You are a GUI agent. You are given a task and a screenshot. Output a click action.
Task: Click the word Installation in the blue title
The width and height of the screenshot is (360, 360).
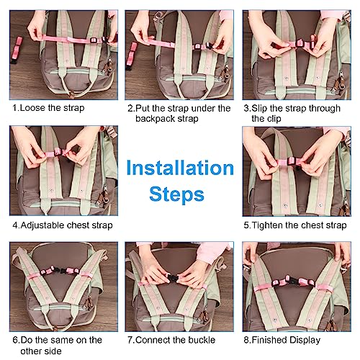(180, 168)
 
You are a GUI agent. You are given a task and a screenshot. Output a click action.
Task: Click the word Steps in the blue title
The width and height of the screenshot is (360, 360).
(176, 194)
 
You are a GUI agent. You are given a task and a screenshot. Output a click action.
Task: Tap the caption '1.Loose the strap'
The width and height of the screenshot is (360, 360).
(48, 108)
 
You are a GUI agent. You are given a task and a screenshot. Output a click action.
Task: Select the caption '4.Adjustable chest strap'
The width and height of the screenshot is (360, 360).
(63, 225)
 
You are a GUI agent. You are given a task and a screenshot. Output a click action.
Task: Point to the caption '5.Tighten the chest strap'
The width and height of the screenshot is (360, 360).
(295, 225)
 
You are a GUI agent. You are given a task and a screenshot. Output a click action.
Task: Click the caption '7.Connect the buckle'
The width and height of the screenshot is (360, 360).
(171, 340)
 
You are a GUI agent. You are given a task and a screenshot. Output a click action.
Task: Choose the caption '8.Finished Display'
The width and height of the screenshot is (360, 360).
(282, 340)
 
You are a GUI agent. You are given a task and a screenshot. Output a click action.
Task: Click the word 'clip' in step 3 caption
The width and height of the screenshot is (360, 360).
(274, 119)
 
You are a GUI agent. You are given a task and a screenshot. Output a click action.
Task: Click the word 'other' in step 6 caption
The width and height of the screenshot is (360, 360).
(30, 351)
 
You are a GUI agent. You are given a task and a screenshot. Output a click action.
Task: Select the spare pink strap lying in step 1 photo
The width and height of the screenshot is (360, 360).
(17, 50)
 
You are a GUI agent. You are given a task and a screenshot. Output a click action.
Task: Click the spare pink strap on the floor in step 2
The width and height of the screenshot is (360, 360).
(131, 55)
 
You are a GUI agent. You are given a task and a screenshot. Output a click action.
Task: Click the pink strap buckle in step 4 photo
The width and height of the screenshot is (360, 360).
(58, 152)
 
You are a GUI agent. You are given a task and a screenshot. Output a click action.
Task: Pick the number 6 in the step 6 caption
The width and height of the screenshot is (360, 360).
(15, 341)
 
